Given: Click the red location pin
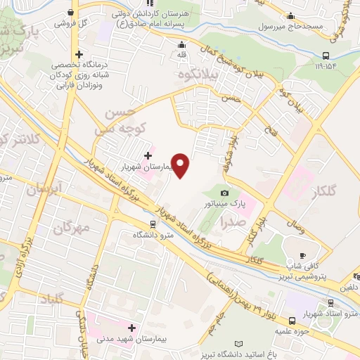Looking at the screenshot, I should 181,166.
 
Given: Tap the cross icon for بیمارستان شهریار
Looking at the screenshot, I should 147,155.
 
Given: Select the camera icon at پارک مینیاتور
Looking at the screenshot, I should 224,193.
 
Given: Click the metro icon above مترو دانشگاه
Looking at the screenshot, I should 153,224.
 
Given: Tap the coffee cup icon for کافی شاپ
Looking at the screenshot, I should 303,255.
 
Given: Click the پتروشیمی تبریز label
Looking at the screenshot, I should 300,278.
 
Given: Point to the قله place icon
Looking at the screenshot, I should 181,44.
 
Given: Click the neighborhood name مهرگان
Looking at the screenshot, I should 73,228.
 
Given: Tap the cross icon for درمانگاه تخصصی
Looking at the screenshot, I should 79,54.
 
